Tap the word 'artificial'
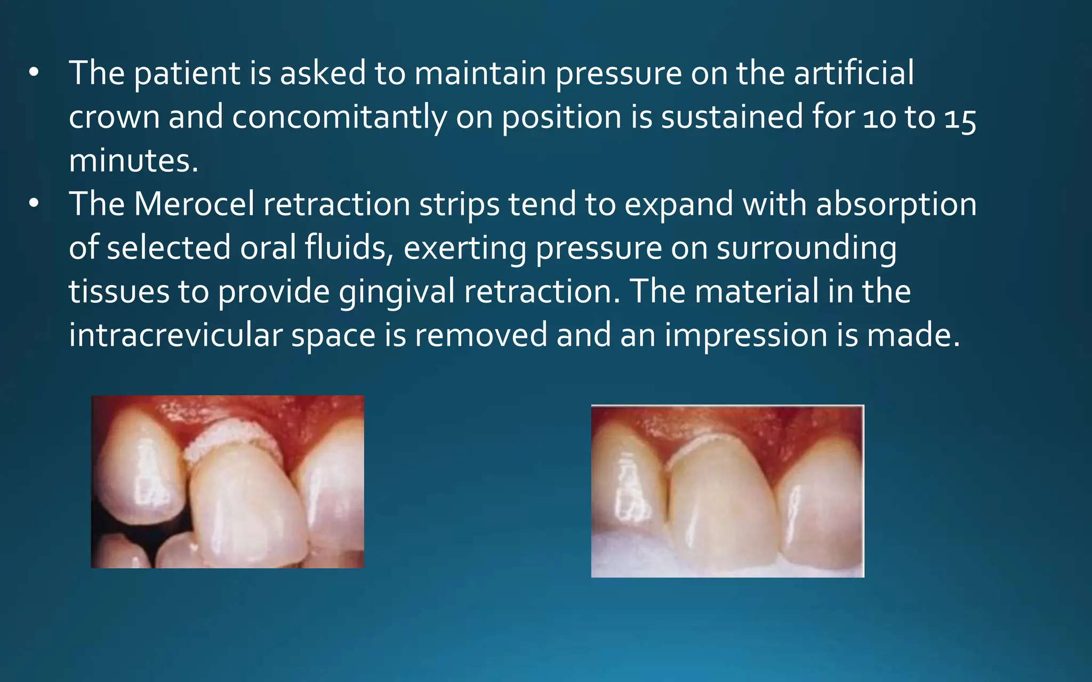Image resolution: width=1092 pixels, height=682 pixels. (854, 73)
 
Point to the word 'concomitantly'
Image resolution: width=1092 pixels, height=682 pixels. (339, 117)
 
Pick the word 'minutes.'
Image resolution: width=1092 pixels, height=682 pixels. (133, 161)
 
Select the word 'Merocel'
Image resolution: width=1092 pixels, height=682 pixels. (194, 204)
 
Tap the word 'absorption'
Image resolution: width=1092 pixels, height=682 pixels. (896, 205)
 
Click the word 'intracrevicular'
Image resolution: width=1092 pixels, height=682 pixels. (175, 336)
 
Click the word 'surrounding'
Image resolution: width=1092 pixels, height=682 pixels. (806, 249)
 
